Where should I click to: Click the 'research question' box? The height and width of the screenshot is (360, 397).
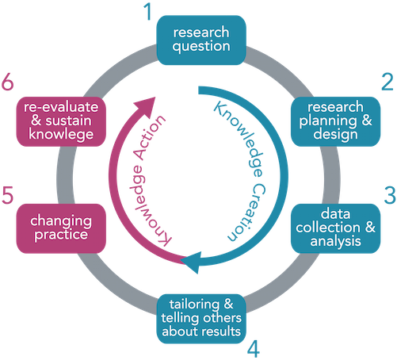pyautogui.click(x=202, y=38)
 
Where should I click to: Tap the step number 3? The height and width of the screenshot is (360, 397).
pyautogui.click(x=387, y=194)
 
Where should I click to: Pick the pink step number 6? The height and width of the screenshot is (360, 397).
pyautogui.click(x=9, y=83)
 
